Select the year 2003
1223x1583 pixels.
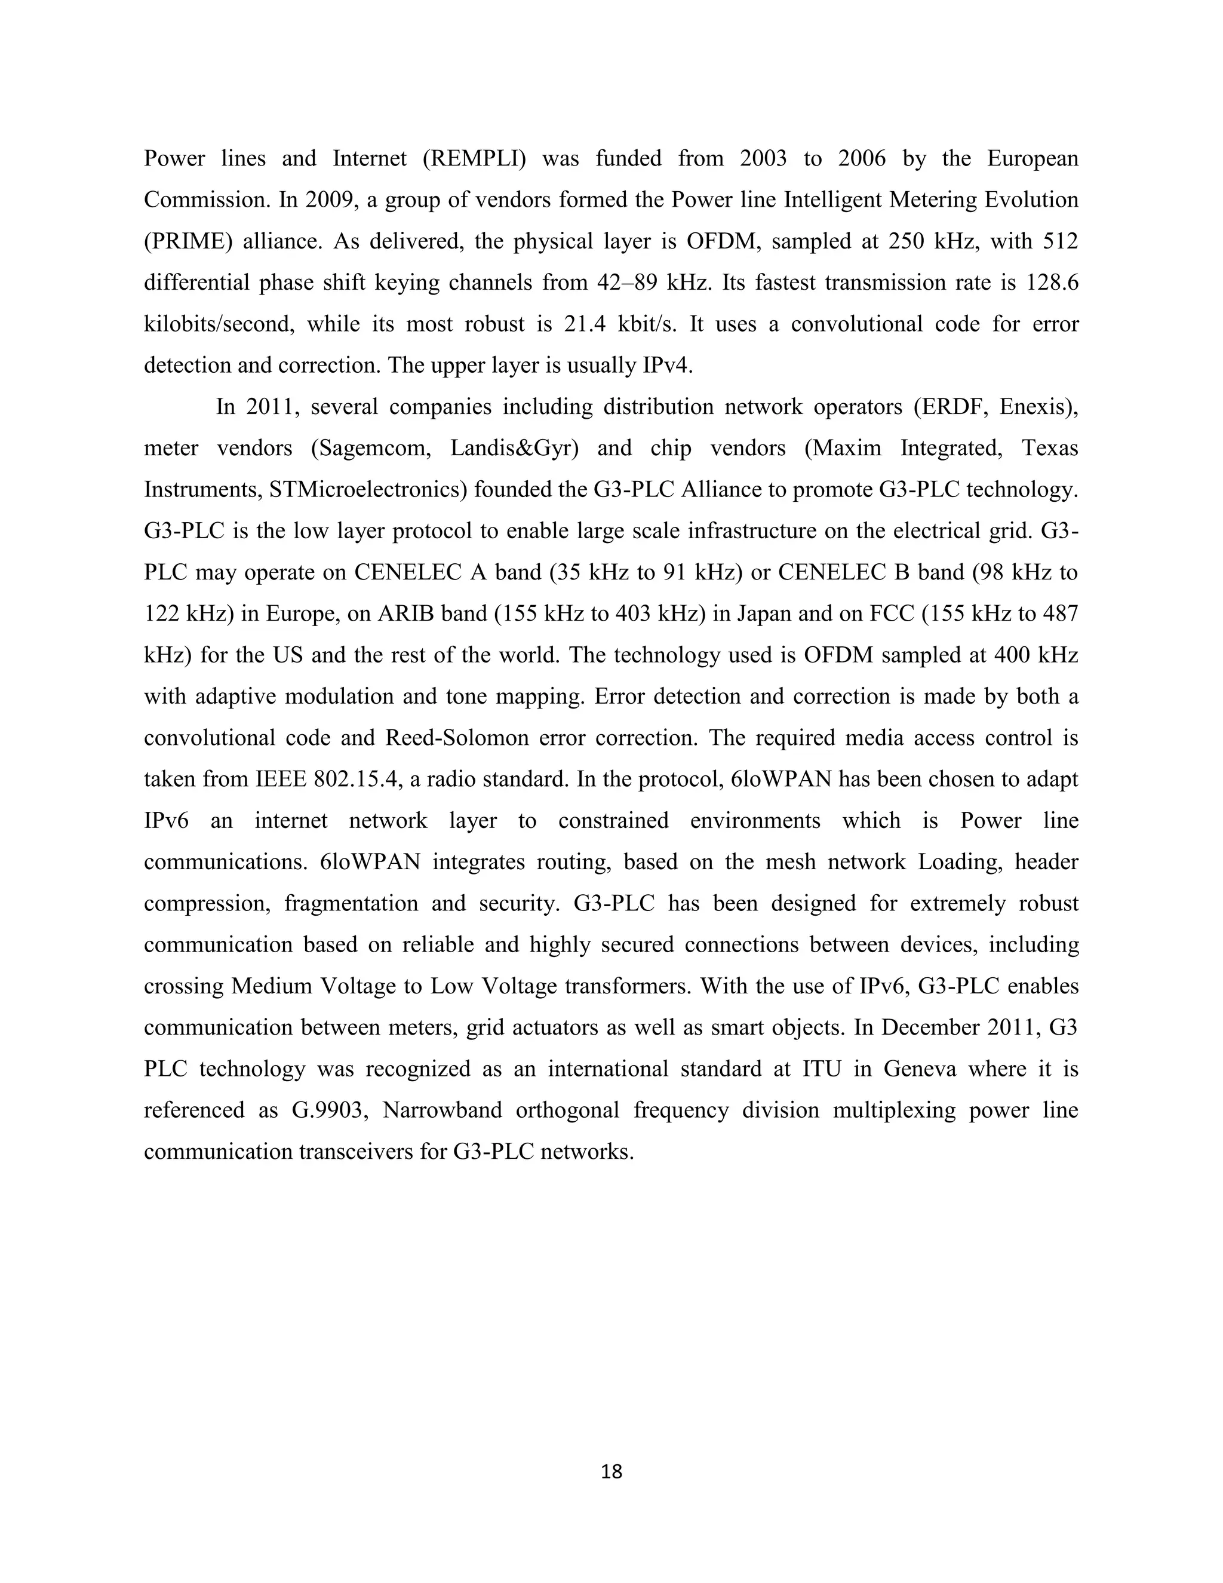[763, 159]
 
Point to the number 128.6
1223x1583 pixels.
[1052, 283]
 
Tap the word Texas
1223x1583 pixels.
[1050, 449]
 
